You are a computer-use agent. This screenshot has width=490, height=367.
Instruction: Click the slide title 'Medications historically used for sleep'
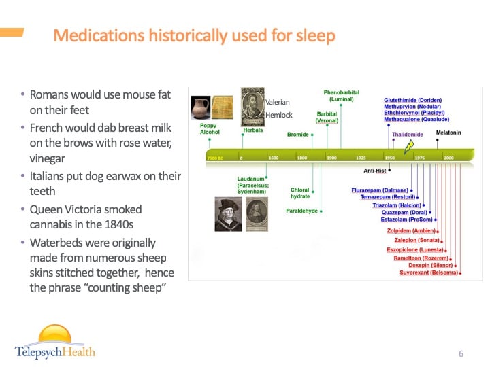coord(194,35)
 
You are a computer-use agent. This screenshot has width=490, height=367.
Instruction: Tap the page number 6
coord(461,353)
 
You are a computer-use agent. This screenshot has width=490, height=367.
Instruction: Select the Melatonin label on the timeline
coord(448,133)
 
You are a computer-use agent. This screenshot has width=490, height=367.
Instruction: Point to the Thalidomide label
coord(407,134)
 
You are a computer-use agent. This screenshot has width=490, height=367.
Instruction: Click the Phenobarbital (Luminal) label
coord(341,96)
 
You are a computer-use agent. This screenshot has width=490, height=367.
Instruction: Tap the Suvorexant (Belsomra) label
coord(428,273)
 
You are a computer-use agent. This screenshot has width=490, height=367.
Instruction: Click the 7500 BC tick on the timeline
coord(215,158)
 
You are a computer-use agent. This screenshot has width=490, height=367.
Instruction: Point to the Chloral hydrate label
coord(300,193)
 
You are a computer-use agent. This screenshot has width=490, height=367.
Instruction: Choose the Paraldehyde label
coord(302,211)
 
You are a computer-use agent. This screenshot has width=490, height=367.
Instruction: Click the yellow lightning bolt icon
coord(410,146)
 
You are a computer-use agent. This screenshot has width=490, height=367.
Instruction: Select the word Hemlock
coord(278,116)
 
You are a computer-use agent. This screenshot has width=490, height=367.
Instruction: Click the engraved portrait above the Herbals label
coord(252,106)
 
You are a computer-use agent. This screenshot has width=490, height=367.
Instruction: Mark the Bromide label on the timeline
coord(297,135)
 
